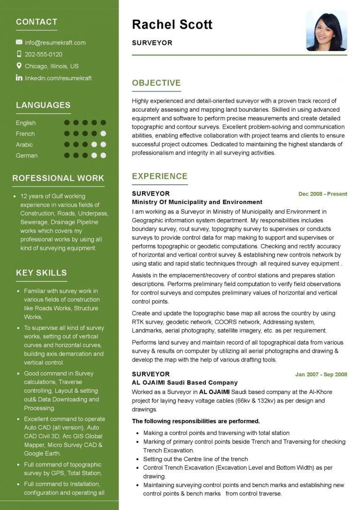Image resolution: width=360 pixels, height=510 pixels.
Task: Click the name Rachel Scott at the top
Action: [172, 24]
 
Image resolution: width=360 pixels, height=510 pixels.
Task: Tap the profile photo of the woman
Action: [326, 30]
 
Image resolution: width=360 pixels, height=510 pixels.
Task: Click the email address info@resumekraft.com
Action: [55, 43]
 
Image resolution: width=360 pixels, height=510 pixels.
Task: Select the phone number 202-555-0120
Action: [44, 54]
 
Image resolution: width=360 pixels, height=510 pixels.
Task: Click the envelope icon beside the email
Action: [19, 42]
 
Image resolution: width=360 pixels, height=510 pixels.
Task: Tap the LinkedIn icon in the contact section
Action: [19, 78]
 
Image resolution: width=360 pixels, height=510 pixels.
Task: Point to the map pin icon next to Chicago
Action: [19, 66]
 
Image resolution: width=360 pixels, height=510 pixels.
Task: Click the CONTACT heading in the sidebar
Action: [37, 22]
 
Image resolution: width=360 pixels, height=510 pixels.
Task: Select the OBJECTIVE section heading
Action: [156, 83]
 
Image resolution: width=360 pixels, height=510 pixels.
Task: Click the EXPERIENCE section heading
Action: [159, 176]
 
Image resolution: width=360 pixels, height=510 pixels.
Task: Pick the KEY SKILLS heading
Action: [41, 273]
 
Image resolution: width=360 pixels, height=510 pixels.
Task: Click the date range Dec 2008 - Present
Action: [322, 194]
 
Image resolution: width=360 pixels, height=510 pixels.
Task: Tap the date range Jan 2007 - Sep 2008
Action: [321, 374]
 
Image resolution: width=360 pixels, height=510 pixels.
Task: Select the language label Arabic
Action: [24, 145]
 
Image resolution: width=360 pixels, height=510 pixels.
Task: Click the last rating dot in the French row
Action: [103, 134]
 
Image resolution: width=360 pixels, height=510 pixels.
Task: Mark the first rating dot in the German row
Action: [67, 155]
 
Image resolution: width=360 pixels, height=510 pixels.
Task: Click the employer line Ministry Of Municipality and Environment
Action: [197, 202]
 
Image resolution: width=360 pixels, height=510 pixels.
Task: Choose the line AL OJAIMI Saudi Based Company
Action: [185, 383]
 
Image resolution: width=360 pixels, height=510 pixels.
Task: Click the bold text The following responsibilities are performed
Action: [196, 421]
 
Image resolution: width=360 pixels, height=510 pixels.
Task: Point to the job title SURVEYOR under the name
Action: [152, 43]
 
